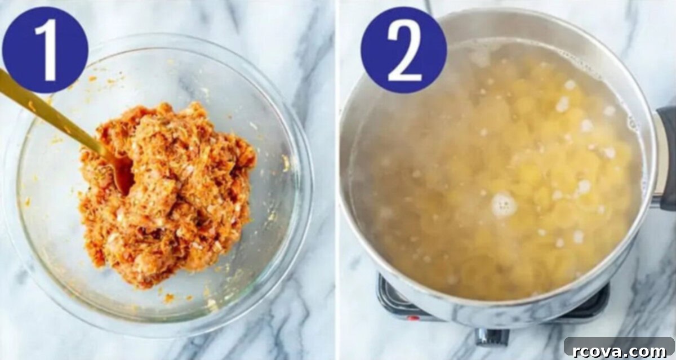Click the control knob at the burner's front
[x=492, y=337]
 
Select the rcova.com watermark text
[x=619, y=351]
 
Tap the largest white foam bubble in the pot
[x=504, y=205]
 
